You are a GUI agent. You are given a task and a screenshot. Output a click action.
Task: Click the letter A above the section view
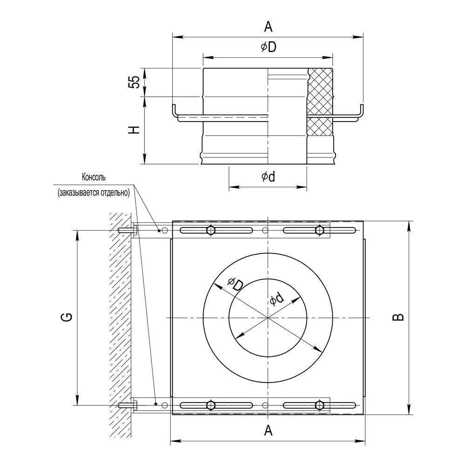tap(268, 27)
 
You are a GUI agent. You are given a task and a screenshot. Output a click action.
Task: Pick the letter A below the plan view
tap(268, 430)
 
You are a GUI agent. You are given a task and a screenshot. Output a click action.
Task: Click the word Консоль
tap(94, 178)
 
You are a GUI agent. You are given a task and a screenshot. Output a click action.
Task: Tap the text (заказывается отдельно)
tap(94, 192)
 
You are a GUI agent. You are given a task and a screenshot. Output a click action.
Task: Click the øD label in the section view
tap(268, 47)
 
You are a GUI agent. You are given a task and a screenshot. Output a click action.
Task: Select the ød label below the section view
tap(268, 177)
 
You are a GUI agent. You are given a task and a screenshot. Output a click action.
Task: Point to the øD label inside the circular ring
tap(235, 284)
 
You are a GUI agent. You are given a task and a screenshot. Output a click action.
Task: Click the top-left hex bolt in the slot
tap(211, 230)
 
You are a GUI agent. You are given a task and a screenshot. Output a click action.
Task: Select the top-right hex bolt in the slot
tap(320, 230)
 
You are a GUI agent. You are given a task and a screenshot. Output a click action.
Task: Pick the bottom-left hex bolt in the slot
tap(211, 405)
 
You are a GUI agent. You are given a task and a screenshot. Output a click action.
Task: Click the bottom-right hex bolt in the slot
tap(320, 405)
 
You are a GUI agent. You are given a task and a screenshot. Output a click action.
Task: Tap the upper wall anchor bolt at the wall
tap(128, 230)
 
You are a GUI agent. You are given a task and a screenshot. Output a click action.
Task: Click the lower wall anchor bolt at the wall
tap(128, 405)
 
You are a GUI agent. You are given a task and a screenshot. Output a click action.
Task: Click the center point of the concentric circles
tap(268, 318)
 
